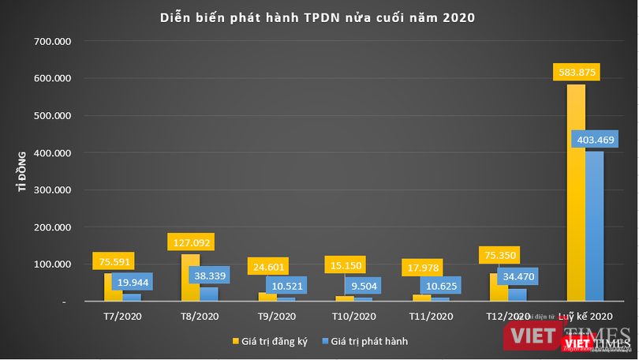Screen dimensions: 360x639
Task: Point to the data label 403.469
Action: (597, 141)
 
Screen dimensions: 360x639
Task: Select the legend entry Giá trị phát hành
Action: (369, 341)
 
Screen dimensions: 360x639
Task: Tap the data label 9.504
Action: (364, 286)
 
